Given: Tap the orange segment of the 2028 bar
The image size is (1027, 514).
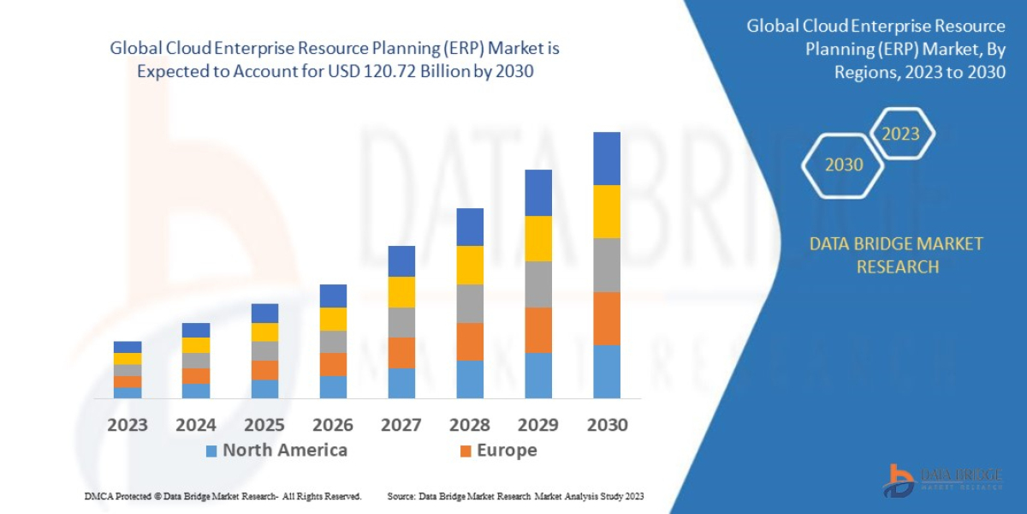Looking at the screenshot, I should click(470, 341).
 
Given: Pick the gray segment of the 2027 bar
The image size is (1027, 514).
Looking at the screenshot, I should click(401, 322).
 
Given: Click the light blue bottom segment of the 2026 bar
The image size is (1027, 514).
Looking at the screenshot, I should click(333, 387).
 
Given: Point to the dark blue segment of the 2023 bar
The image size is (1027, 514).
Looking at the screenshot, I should click(128, 347).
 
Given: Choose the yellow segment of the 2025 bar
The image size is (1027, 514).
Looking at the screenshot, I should click(264, 332).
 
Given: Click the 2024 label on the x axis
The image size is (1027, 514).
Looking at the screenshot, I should click(196, 425).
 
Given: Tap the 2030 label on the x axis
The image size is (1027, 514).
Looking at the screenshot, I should click(607, 425).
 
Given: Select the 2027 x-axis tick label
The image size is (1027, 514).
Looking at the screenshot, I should click(401, 425).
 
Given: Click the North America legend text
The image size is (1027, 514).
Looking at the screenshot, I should click(285, 451).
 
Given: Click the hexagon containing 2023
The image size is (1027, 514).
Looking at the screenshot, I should click(900, 134).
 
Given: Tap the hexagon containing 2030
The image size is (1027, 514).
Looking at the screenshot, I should click(844, 165).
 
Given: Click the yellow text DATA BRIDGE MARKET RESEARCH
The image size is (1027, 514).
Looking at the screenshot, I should click(896, 255).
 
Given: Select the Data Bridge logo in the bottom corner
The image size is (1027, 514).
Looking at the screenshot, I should click(942, 480).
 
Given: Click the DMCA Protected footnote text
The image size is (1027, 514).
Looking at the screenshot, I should click(223, 496).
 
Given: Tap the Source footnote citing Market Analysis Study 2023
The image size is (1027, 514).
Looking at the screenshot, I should click(515, 496).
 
